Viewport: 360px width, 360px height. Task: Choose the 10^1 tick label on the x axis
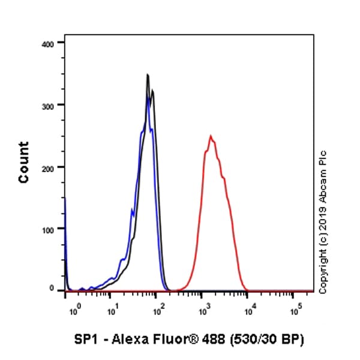coord(112,311)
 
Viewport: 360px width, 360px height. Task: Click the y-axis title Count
coord(24,162)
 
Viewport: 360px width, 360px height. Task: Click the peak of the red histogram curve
coord(211,136)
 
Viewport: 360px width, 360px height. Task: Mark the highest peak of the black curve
coord(148,74)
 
